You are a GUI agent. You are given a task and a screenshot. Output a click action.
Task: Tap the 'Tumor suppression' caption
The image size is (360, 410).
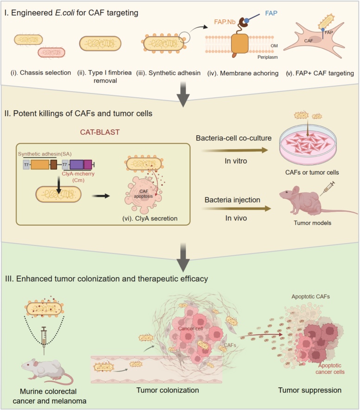[310, 390]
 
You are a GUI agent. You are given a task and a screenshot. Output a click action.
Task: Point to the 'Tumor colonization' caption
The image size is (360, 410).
[168, 390]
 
